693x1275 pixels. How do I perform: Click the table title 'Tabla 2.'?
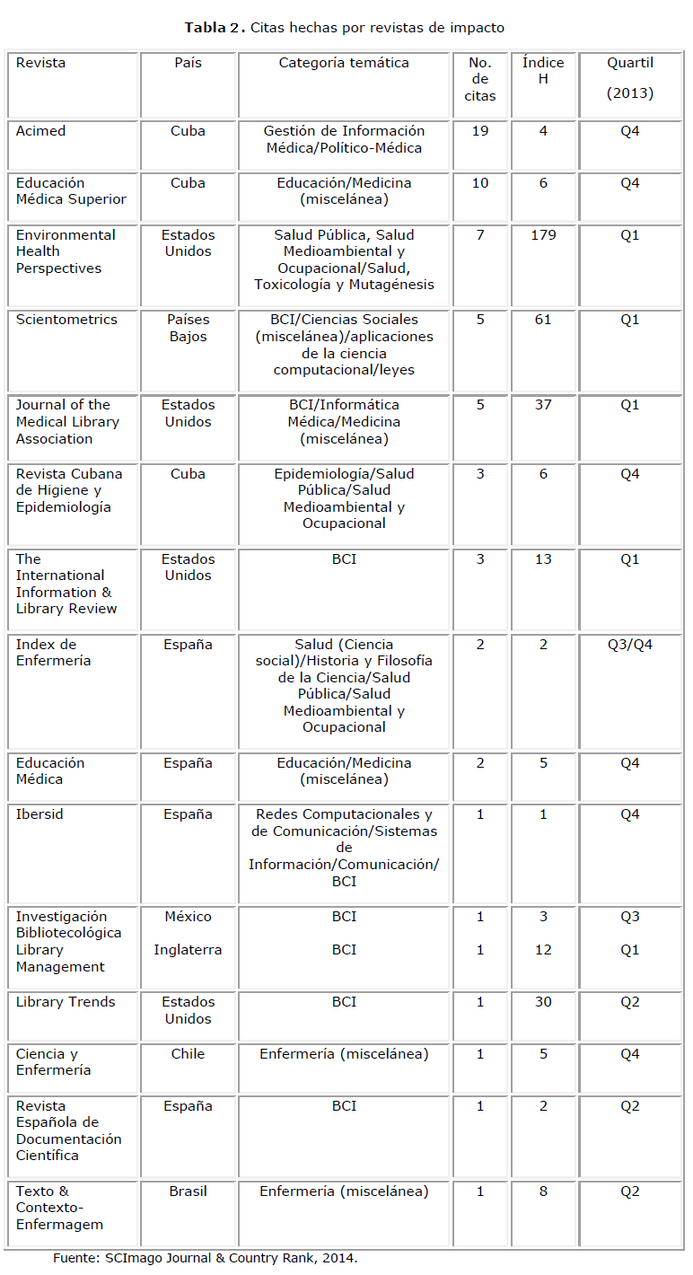[215, 28]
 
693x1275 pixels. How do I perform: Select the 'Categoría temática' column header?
[344, 63]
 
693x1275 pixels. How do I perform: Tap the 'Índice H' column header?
[543, 71]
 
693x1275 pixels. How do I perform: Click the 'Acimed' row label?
[40, 131]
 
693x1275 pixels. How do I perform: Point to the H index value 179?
[543, 235]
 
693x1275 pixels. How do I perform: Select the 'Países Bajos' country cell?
[188, 328]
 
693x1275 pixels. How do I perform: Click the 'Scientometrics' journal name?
[59, 320]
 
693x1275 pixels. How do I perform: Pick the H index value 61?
[543, 320]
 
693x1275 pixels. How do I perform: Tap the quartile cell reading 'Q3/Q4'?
[629, 645]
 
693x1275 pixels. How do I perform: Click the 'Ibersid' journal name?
[39, 814]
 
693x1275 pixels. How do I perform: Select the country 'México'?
[188, 917]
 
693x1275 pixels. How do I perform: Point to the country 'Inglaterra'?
[188, 950]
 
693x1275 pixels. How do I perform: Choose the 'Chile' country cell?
[188, 1054]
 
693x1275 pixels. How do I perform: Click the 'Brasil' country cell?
[188, 1191]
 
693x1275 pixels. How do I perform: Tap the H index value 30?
[543, 1002]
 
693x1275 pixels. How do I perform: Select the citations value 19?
[480, 131]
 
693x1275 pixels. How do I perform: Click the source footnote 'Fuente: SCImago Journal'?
[205, 1258]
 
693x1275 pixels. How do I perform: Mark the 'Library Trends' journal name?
[66, 1002]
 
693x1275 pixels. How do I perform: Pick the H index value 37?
[543, 405]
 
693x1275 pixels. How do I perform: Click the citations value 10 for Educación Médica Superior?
[480, 183]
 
